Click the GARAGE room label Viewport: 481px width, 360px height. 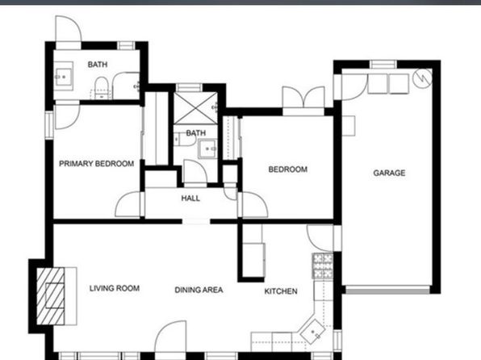tap(389, 173)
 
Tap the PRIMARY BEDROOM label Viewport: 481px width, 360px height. tap(96, 164)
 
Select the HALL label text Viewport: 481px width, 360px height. tap(190, 199)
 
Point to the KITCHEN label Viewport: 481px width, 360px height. tap(281, 291)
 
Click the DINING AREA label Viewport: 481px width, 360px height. tap(199, 290)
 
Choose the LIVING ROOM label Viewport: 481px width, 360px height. tap(115, 288)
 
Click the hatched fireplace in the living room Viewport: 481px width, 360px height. tap(51, 296)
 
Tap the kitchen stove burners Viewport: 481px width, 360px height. tap(322, 266)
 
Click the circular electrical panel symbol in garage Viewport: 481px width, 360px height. tap(422, 78)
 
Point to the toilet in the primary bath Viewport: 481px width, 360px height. tap(101, 88)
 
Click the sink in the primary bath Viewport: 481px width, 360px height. tap(64, 76)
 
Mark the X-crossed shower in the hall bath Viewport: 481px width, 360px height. tap(196, 107)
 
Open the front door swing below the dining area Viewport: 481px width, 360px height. tap(170, 337)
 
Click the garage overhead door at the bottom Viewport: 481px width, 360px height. tap(387, 290)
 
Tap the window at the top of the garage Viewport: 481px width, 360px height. tap(383, 64)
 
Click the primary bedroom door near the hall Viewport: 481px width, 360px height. tap(128, 205)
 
